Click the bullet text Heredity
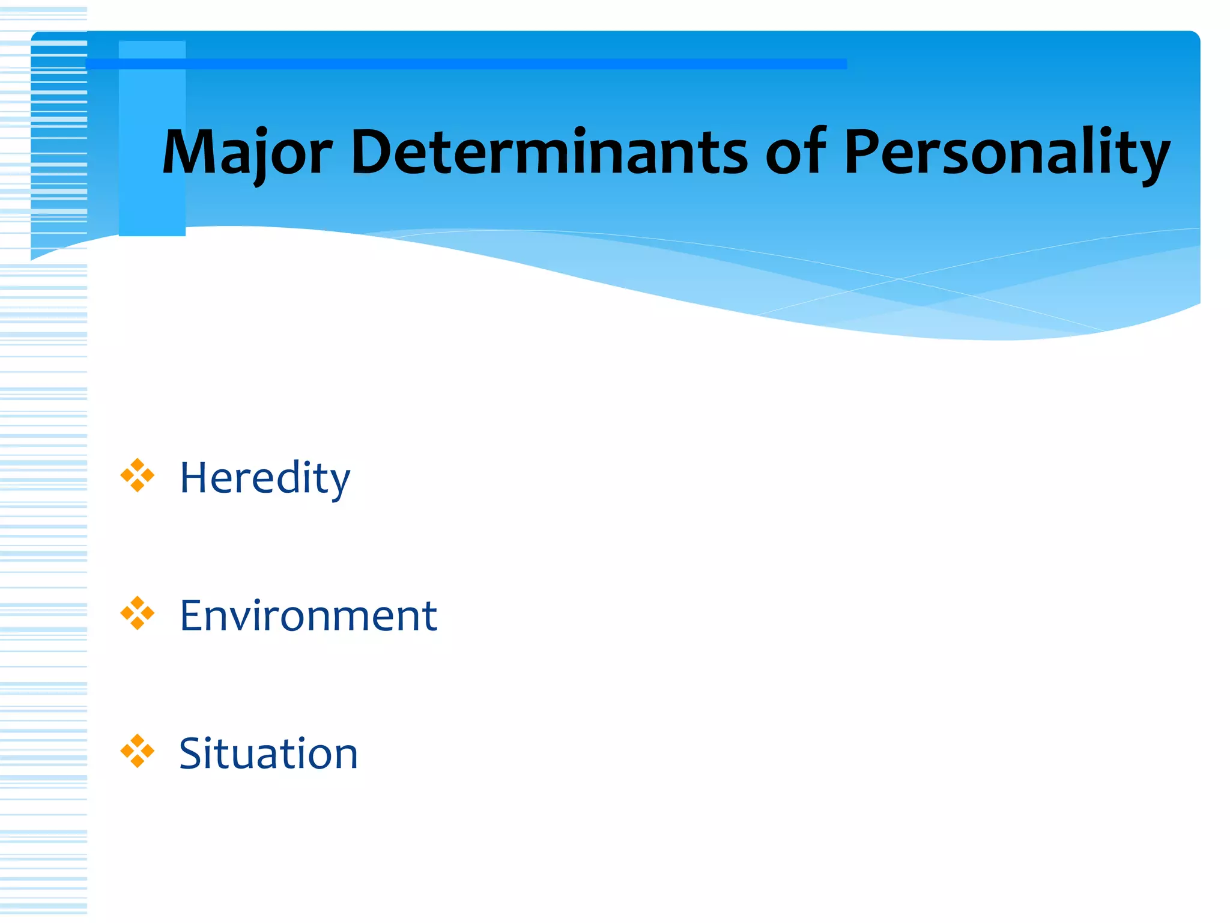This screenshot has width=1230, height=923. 265,478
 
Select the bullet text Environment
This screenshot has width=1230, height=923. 308,616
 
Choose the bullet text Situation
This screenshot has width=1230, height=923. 268,754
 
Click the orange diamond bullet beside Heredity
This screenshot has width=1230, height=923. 138,475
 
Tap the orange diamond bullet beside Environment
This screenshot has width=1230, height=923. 138,613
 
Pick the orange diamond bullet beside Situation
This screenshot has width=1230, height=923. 138,751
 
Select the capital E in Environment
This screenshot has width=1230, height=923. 193,616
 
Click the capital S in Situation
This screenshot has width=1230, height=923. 193,754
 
